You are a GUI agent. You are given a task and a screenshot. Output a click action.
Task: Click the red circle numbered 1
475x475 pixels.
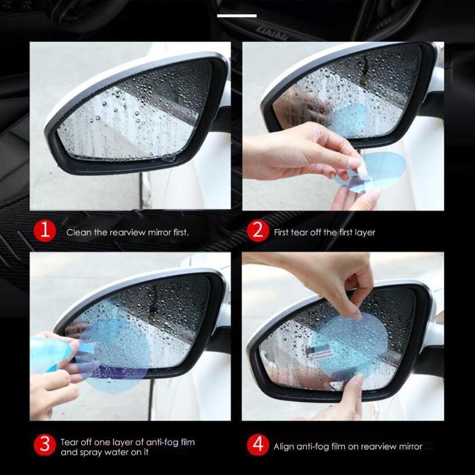point(45,232)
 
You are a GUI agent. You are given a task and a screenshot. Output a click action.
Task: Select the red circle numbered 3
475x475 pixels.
point(45,446)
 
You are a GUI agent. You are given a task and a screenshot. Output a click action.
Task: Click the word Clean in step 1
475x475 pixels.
point(78,232)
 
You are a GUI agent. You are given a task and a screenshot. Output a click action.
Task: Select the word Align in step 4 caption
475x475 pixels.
point(284,446)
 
